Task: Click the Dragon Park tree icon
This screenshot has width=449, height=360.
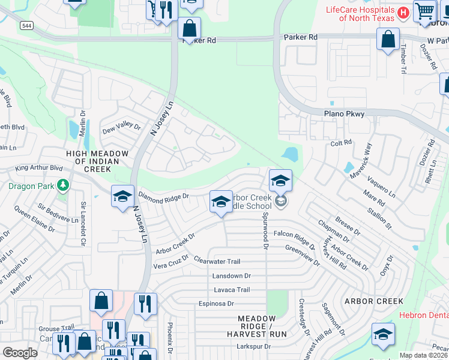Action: click(x=62, y=185)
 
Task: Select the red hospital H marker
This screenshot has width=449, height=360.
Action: click(x=403, y=13)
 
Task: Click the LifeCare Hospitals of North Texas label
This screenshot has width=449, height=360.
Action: click(x=360, y=14)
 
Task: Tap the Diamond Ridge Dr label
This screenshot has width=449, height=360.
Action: click(x=163, y=196)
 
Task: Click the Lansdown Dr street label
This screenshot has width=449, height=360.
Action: click(x=231, y=275)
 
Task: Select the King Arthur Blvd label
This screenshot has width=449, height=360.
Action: click(x=39, y=169)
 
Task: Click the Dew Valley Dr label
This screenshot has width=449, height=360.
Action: click(x=121, y=128)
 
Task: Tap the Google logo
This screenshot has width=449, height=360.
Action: click(x=20, y=353)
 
